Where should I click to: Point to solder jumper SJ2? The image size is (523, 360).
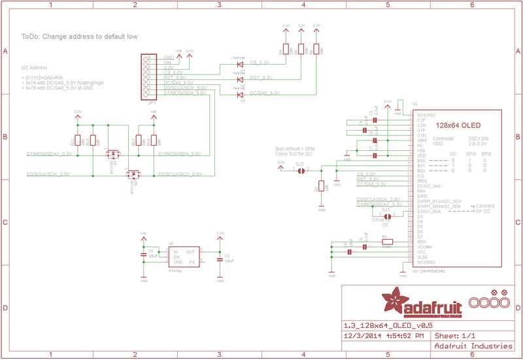(x=300, y=171)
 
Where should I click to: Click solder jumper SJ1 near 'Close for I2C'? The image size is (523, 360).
(x=387, y=216)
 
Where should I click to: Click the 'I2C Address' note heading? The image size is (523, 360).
(x=34, y=67)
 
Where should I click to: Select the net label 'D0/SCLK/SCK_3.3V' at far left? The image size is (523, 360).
(x=48, y=174)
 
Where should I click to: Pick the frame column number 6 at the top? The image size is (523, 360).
(x=471, y=4)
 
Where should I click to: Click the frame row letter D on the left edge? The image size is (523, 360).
(x=5, y=307)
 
